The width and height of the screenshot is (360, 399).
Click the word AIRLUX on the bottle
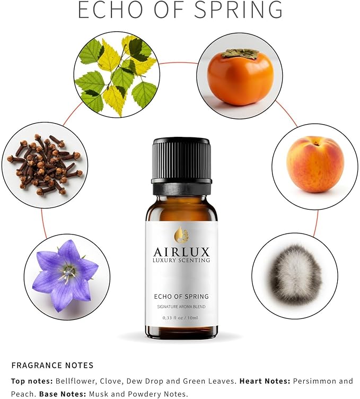(181, 251)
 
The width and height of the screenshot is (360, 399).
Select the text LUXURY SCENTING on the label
(181, 261)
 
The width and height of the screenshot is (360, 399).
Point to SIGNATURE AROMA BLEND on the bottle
(181, 307)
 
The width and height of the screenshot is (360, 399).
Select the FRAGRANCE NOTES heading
(52, 365)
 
